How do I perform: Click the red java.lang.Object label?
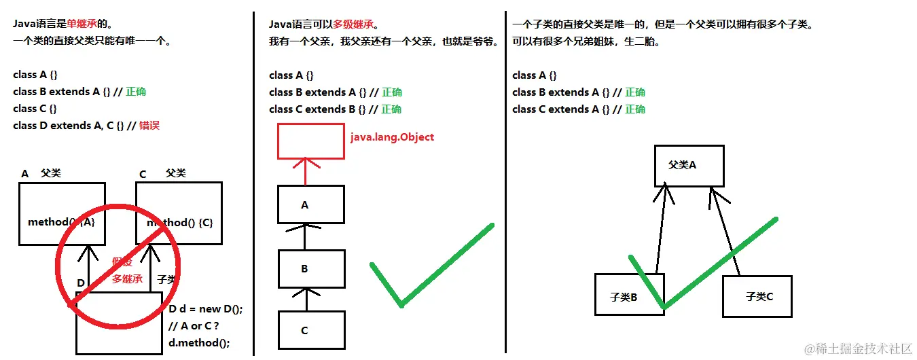point(392,137)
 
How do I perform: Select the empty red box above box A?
point(310,141)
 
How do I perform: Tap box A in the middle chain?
point(310,204)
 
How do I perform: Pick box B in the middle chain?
point(310,269)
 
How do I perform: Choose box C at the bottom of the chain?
point(310,331)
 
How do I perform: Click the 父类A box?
point(689,165)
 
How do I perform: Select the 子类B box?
point(628,295)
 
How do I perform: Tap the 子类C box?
point(757,296)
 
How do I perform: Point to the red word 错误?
point(149,126)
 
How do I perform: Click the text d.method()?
point(198,342)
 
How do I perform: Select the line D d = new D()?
point(205,309)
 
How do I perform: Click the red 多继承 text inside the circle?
point(128,279)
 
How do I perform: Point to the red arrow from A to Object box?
point(305,171)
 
